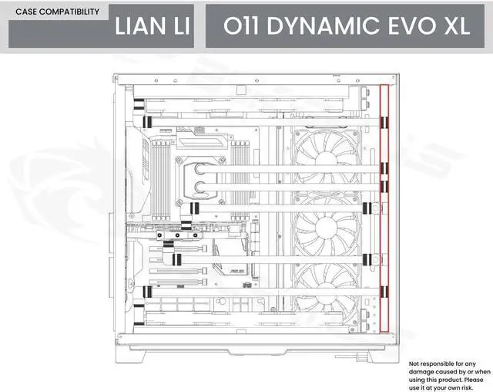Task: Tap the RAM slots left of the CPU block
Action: [159, 166]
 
